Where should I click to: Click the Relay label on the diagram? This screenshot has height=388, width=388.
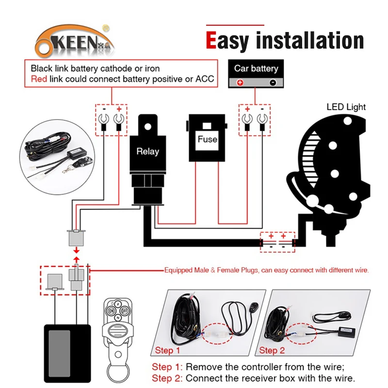tap(147, 151)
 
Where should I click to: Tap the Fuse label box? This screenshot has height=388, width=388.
tap(208, 139)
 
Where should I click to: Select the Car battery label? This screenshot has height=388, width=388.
tap(256, 68)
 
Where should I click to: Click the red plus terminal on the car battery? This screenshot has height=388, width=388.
tap(239, 82)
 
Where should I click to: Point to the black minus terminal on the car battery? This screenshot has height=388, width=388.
tap(273, 82)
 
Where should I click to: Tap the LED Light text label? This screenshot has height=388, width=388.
tap(346, 107)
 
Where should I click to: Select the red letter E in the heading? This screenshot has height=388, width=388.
tap(211, 41)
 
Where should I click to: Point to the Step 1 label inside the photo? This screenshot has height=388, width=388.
tap(167, 350)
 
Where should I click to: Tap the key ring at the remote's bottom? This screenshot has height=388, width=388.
tap(117, 375)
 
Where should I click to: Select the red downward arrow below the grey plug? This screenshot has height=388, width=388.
tap(75, 250)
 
